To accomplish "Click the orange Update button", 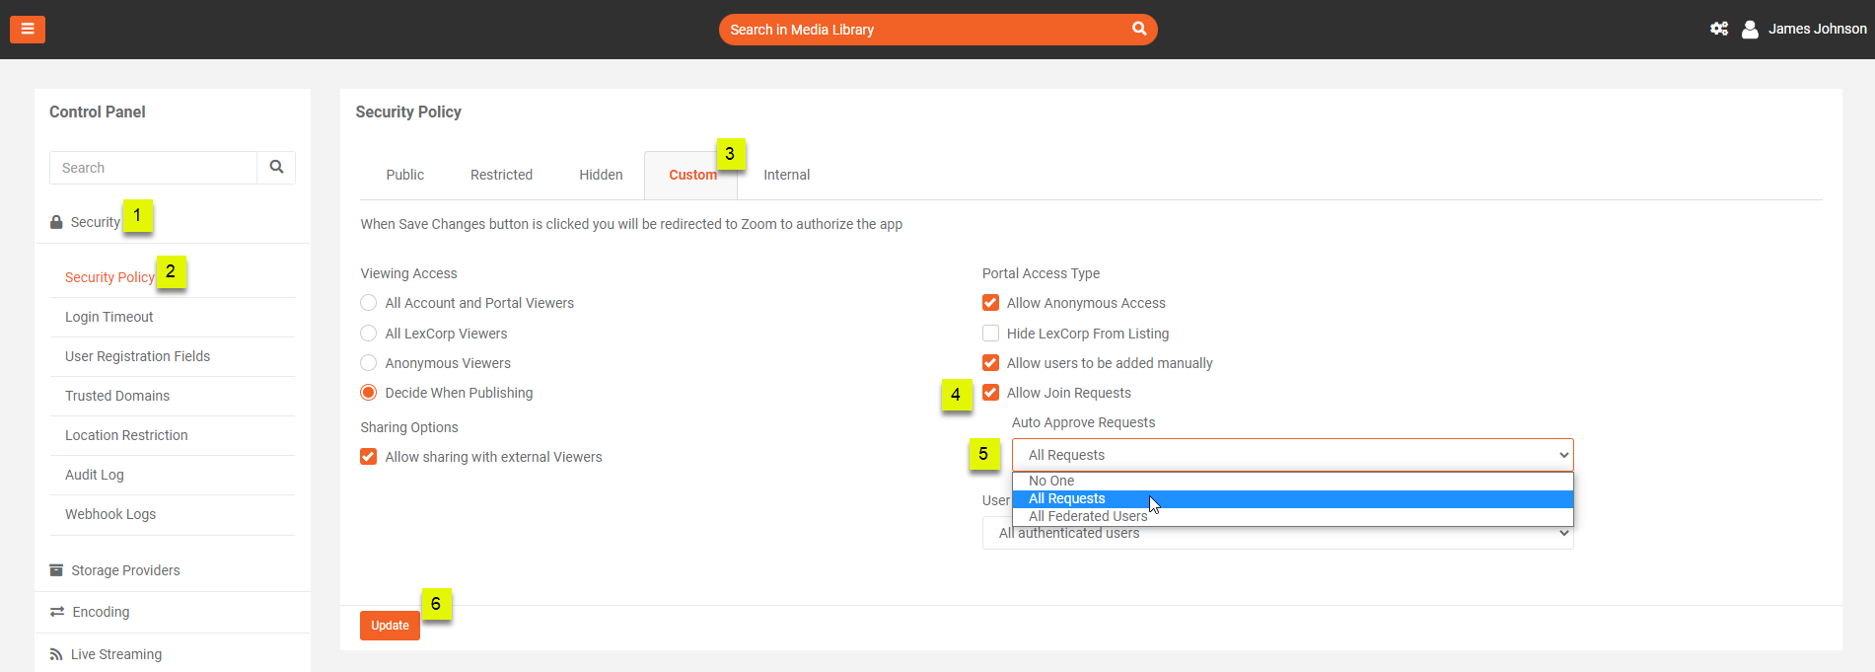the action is point(390,626).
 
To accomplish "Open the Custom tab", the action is point(692,175).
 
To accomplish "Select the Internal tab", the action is point(786,175).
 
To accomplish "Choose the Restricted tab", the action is point(501,175).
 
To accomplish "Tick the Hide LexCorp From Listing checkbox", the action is point(990,334).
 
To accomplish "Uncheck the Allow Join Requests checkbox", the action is point(990,393).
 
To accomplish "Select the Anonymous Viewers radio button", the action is point(369,363).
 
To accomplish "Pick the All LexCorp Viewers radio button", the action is point(369,334).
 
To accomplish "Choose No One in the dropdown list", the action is point(1051,481).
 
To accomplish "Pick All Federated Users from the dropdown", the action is point(1088,516).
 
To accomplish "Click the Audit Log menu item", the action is point(95,475).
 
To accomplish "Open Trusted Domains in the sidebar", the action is point(117,396).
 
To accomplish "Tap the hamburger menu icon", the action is point(28,30).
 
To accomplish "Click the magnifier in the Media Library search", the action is point(1139,29).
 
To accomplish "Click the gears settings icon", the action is point(1719,30).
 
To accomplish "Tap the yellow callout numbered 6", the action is point(436,604).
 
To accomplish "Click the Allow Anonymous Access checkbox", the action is point(990,303).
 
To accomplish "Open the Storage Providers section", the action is point(125,570).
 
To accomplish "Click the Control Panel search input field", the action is point(153,168).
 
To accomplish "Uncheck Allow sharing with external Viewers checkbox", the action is point(369,457).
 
